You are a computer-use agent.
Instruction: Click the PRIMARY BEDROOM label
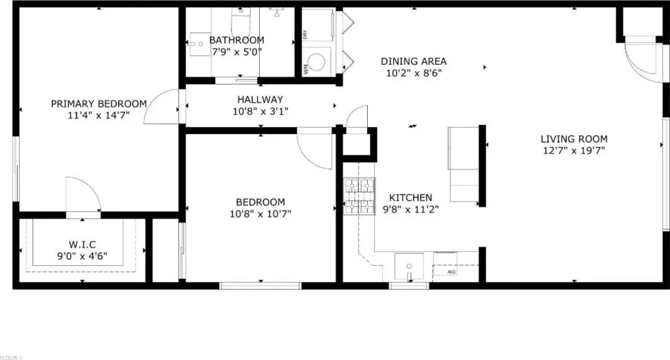point(99,104)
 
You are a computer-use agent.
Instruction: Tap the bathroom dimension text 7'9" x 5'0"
point(237,52)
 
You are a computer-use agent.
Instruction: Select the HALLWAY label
point(260,99)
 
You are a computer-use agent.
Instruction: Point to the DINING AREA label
point(414,62)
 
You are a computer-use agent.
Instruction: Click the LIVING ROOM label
point(574,139)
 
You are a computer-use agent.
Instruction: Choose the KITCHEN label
point(411,198)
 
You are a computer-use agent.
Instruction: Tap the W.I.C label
point(82,245)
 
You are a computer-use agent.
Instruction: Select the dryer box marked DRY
point(317,25)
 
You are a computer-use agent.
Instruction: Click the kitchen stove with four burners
point(359,196)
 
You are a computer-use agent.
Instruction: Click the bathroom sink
point(200,44)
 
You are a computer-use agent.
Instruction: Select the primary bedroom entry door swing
point(162,107)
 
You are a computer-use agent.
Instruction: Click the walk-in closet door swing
point(83,194)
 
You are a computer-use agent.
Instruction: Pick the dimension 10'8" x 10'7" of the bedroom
point(260,214)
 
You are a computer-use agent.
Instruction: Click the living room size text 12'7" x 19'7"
point(574,151)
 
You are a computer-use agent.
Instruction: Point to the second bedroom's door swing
point(315,148)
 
